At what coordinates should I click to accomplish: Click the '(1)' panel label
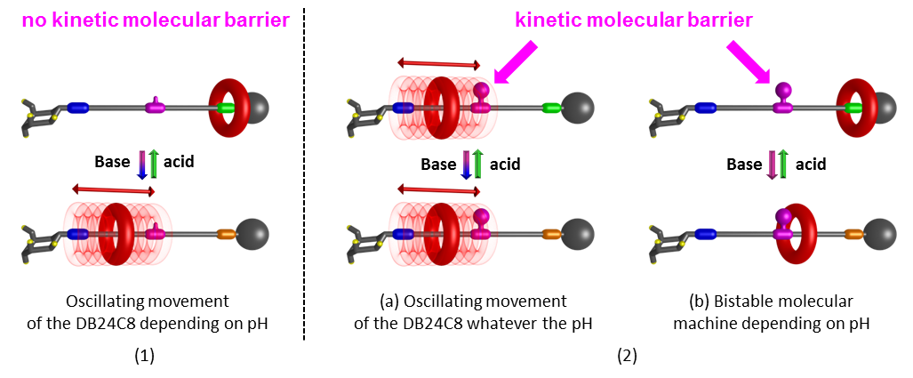tap(145, 356)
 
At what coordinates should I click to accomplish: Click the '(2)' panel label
tap(628, 356)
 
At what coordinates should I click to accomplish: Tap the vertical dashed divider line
tap(305, 178)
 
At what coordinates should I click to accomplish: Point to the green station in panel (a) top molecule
tap(551, 108)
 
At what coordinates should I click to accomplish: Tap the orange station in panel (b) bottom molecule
tap(853, 235)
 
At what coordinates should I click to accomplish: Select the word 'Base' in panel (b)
tap(744, 165)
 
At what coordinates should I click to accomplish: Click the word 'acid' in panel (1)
tap(179, 162)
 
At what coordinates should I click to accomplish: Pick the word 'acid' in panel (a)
tap(504, 165)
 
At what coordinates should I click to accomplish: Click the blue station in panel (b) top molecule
tap(708, 108)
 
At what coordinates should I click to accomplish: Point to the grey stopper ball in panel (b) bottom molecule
tap(880, 235)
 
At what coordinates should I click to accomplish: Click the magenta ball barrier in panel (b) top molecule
tap(783, 89)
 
